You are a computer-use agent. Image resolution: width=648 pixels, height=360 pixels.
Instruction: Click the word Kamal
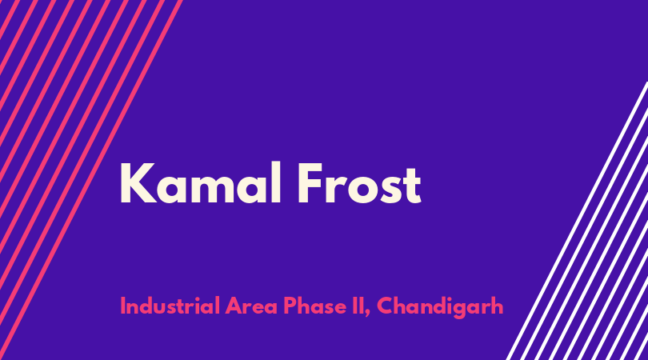(201, 183)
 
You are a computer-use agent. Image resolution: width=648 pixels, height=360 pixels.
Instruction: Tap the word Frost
(359, 183)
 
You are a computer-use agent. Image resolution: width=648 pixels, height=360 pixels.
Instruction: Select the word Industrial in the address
(170, 306)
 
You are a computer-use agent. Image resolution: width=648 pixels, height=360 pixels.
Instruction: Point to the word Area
(251, 306)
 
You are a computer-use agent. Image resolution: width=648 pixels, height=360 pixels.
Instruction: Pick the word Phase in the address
(315, 306)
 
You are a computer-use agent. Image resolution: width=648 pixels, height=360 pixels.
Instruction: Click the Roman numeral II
(358, 306)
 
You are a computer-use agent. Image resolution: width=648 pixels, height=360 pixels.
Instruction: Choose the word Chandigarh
(440, 307)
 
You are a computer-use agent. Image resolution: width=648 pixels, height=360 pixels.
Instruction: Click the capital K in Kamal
(138, 183)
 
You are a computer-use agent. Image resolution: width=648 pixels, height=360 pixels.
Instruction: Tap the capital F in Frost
(310, 183)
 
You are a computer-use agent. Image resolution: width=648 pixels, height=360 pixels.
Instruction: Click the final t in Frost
(412, 186)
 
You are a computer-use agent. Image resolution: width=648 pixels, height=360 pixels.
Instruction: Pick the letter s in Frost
(390, 190)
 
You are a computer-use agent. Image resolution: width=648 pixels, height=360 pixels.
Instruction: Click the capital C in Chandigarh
(386, 306)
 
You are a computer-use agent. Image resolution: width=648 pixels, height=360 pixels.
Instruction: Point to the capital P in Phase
(290, 306)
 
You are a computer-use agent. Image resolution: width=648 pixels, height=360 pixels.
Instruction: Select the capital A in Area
(234, 306)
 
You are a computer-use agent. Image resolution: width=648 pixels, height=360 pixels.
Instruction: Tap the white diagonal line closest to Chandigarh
(577, 221)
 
